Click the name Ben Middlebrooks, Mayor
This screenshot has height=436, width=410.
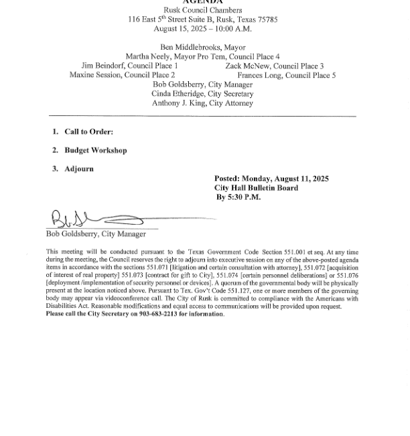pyautogui.click(x=202, y=48)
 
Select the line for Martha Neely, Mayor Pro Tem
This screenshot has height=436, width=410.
pyautogui.click(x=202, y=57)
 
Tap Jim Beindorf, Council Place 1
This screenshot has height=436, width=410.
pyautogui.click(x=129, y=66)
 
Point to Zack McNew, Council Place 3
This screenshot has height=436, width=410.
pyautogui.click(x=274, y=66)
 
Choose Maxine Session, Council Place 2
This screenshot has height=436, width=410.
pyautogui.click(x=122, y=76)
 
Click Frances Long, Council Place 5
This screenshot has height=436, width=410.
pyautogui.click(x=286, y=76)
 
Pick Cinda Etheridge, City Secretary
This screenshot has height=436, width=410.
pyautogui.click(x=202, y=94)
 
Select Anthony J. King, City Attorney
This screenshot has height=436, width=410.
pyautogui.click(x=202, y=103)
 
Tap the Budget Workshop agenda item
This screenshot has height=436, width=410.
pyautogui.click(x=95, y=150)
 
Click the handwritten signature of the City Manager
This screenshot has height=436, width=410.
pyautogui.click(x=94, y=219)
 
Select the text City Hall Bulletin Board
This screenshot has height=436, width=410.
pyautogui.click(x=256, y=188)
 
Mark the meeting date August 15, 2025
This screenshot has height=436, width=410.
pyautogui.click(x=177, y=29)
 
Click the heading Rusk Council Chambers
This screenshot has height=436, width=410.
pyautogui.click(x=202, y=10)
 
